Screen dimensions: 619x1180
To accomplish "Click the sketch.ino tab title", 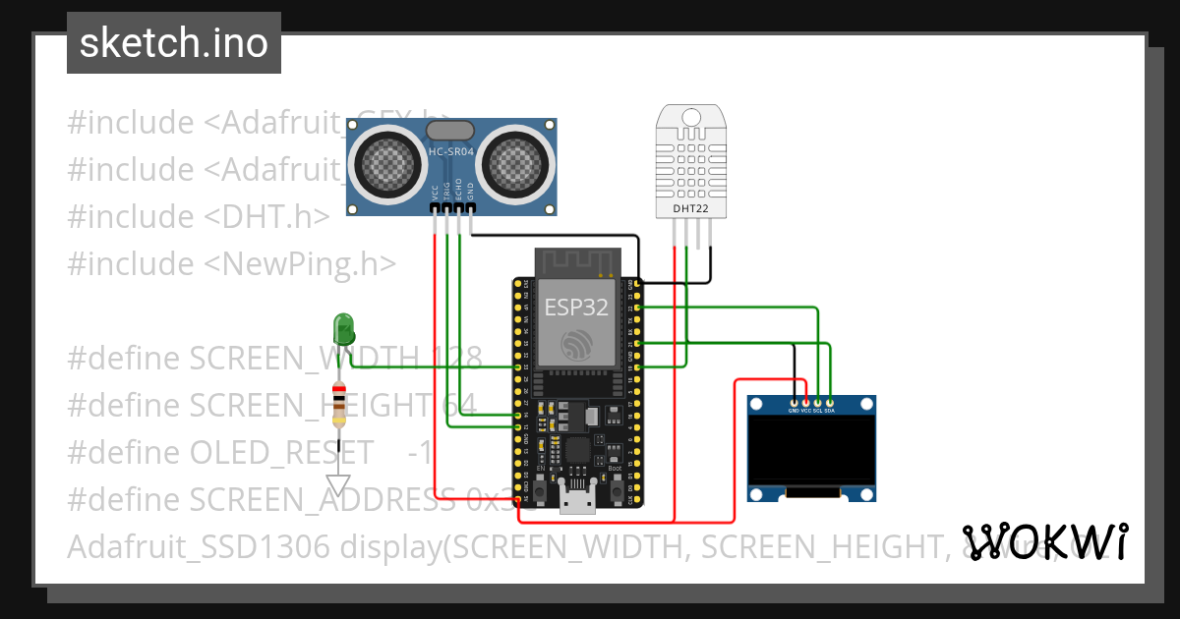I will coord(174,43).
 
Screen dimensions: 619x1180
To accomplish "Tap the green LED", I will coord(343,327).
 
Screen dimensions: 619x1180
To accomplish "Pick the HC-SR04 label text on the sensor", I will coord(452,152).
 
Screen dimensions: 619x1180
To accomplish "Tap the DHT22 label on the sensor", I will coord(690,208).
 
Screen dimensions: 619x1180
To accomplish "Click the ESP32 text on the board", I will coord(576,307).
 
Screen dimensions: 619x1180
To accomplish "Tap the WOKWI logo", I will coord(1044,541).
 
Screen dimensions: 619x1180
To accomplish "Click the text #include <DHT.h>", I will coord(198,216).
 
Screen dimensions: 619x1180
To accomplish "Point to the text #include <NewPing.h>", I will coord(231,263).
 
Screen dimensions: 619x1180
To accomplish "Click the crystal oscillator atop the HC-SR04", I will coord(452,129).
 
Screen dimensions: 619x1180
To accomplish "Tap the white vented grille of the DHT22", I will coord(690,162).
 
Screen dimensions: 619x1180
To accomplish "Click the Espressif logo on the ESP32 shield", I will coord(575,345).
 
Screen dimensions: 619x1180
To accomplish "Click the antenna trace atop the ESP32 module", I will coord(576,262).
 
